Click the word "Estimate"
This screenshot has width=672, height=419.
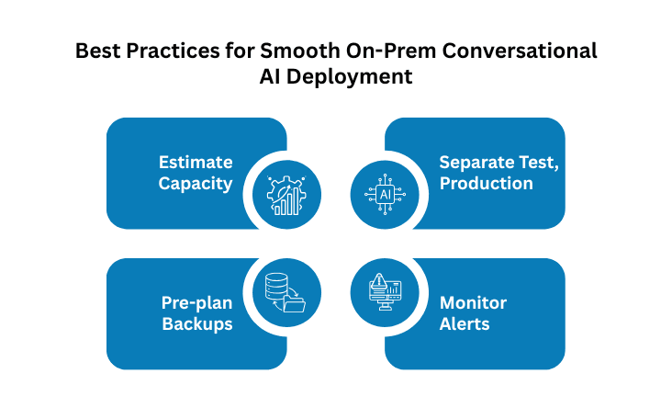[x=196, y=163]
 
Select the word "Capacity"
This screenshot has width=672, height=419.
[x=195, y=183]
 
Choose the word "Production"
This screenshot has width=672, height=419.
[x=486, y=183]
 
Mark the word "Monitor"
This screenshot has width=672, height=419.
[x=473, y=302]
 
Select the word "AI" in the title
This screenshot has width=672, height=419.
[x=274, y=78]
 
